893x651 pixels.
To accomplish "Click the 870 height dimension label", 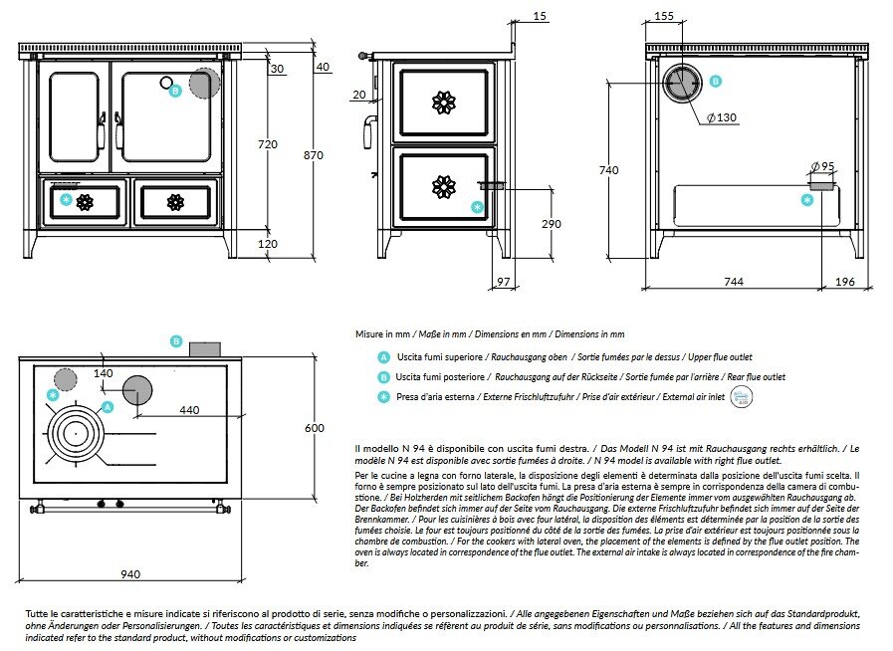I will tap(314, 155).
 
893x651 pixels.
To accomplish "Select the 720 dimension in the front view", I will tap(268, 145).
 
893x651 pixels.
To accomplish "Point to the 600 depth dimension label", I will tap(314, 427).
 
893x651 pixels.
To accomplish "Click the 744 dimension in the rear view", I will tap(733, 283).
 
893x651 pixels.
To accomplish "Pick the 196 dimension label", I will tap(845, 283).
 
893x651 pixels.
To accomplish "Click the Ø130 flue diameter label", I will tap(723, 117).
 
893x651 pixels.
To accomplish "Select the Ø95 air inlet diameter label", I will tap(822, 165).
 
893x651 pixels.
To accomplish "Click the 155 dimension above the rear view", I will tap(665, 17).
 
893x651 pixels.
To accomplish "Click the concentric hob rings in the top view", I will tap(74, 434).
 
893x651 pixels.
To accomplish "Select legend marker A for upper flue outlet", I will tap(383, 356).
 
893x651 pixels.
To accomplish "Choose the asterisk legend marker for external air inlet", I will tap(383, 397).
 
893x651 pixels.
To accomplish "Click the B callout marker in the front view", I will tap(175, 91).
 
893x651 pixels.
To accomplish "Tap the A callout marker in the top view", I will tap(108, 407).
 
